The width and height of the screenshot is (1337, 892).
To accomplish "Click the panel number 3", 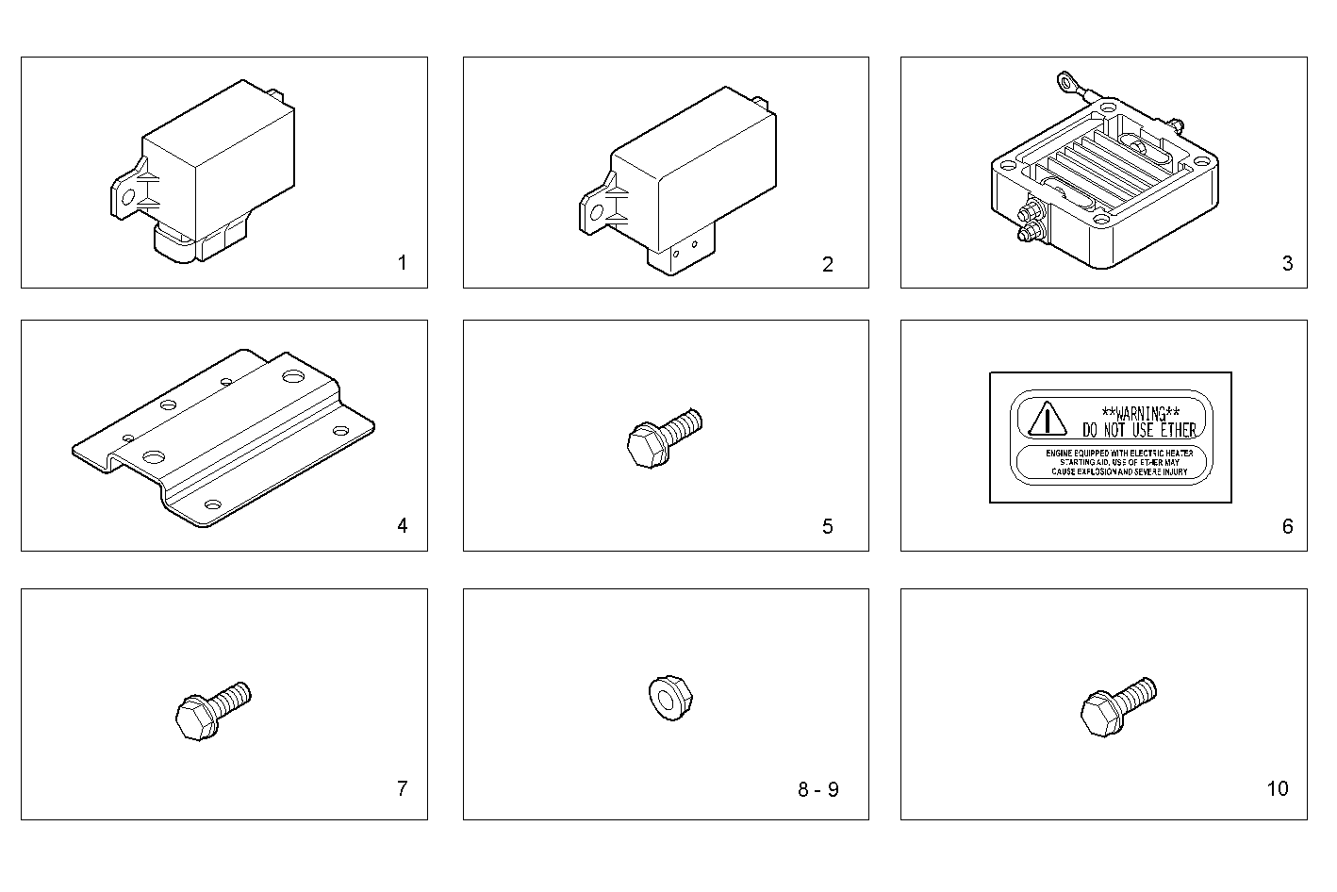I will pos(1287,264).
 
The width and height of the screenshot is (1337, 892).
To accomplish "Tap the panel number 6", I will pos(1287,526).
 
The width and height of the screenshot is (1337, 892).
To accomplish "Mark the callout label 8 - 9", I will pos(817,789).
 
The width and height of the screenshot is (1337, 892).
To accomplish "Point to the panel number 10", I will pos(1277,789).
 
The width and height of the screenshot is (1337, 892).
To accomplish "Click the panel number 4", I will pos(403,526).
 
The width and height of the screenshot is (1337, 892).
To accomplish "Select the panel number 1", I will pos(403,264).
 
